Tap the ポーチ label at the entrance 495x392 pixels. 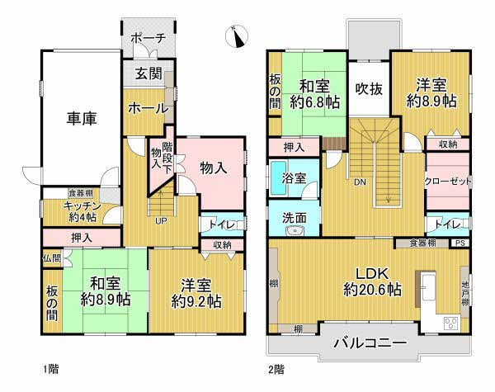point(149,38)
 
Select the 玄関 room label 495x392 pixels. point(148,74)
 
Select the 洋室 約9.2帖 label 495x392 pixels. point(197,294)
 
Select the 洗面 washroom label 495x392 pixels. point(294,219)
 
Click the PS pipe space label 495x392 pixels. point(459,243)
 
